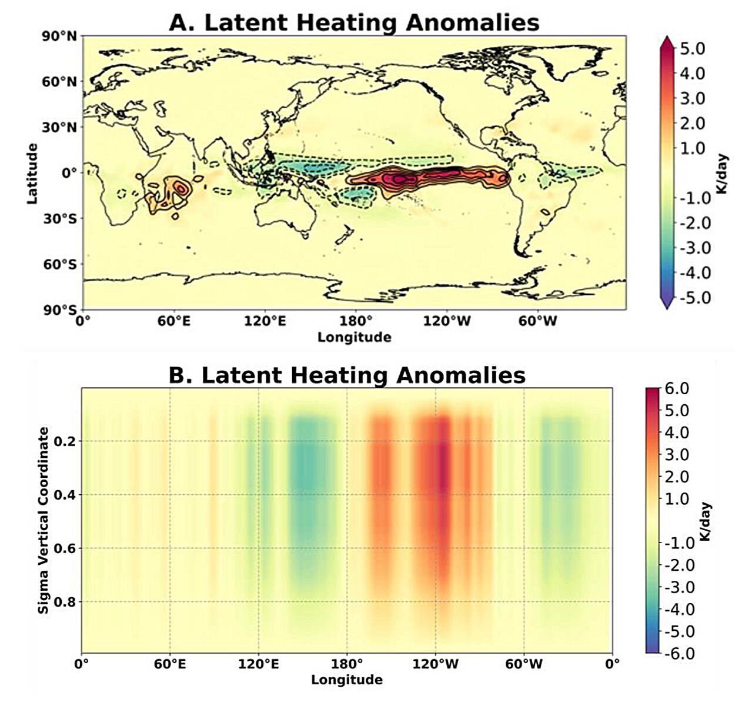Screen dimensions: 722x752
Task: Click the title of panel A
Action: click(354, 22)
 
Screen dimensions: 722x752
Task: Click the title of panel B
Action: click(347, 375)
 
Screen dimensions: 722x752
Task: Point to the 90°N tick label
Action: click(59, 36)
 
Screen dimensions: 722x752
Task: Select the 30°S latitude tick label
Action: click(59, 218)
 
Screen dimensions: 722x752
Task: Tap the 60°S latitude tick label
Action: click(59, 264)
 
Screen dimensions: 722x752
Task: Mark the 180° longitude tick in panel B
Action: click(347, 665)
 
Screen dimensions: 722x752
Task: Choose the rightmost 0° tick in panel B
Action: click(612, 665)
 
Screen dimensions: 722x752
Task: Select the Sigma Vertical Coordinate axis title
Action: click(44, 521)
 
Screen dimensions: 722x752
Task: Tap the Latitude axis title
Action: click(32, 174)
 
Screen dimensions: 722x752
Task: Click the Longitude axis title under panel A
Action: click(354, 337)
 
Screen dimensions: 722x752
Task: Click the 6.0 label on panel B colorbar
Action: click(676, 388)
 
